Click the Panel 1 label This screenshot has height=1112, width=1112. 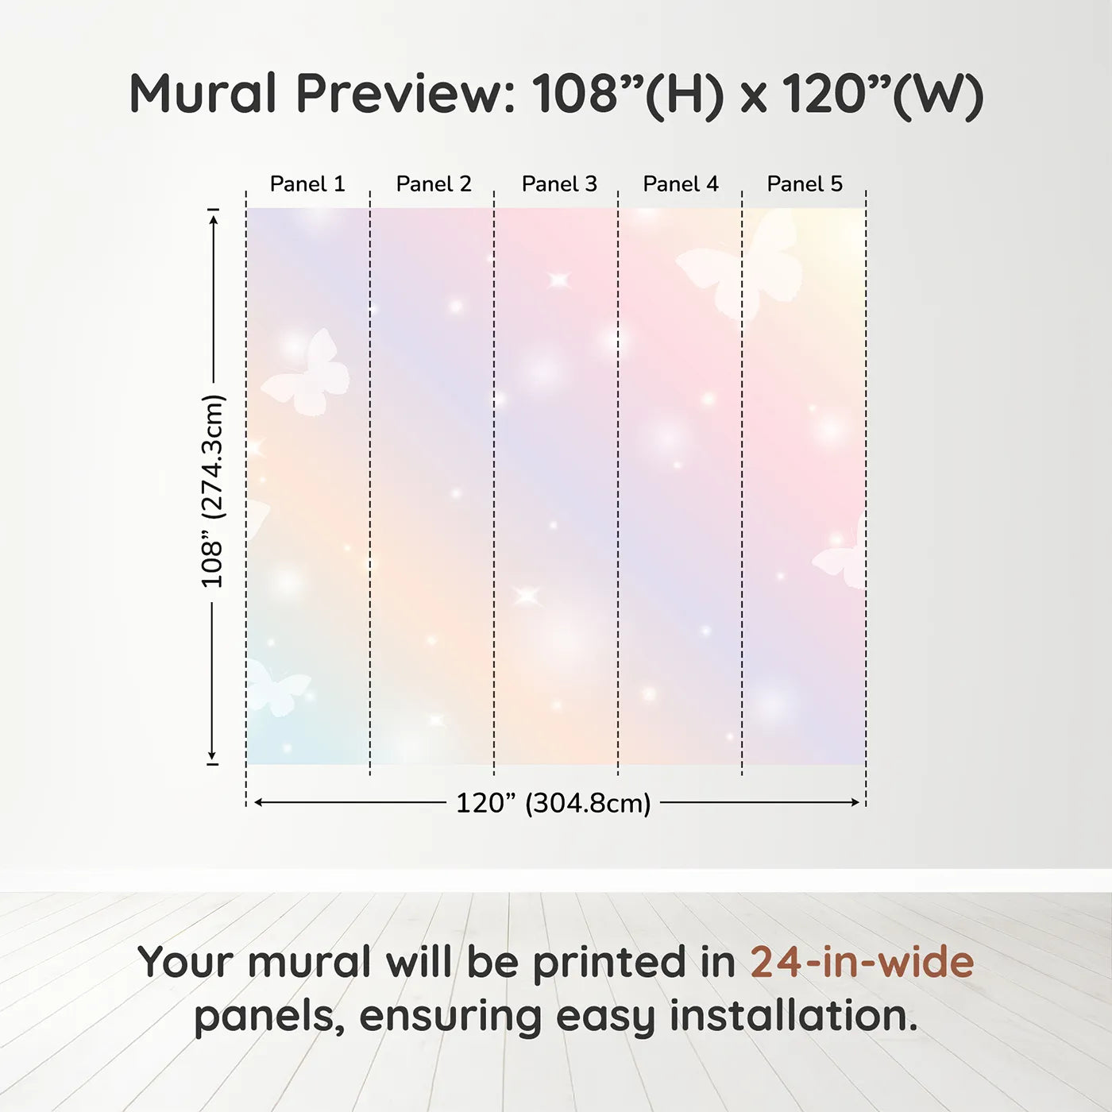point(307,184)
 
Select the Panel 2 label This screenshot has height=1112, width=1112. point(434,184)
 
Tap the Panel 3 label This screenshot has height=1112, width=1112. point(559,184)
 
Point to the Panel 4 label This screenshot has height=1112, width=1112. point(681,184)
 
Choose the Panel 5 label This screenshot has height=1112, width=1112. point(805,184)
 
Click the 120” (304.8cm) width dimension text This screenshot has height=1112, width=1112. point(554,803)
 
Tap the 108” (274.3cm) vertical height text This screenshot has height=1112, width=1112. point(211,492)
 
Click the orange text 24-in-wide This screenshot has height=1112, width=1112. point(862,961)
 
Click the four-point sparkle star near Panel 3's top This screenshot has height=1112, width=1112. point(558,280)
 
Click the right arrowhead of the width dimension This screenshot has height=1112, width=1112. point(855,802)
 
